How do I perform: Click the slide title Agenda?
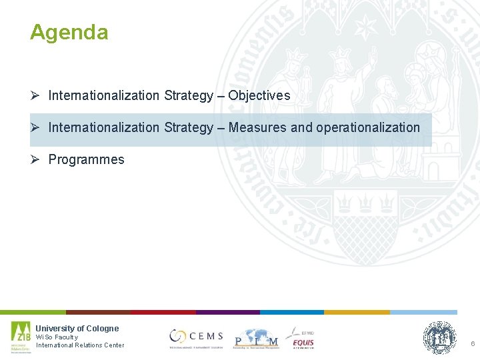click(x=69, y=32)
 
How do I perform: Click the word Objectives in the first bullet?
click(x=259, y=95)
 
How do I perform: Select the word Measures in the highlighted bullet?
click(x=255, y=127)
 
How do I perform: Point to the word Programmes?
click(x=86, y=159)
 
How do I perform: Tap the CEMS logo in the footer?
click(x=196, y=337)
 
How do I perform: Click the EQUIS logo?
click(x=301, y=338)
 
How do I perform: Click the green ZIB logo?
click(x=21, y=337)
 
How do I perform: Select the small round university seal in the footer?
click(x=440, y=337)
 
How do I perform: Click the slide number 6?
click(x=472, y=343)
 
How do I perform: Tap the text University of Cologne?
click(x=77, y=328)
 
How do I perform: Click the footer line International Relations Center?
click(x=79, y=345)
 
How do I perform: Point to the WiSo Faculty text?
click(x=57, y=337)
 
